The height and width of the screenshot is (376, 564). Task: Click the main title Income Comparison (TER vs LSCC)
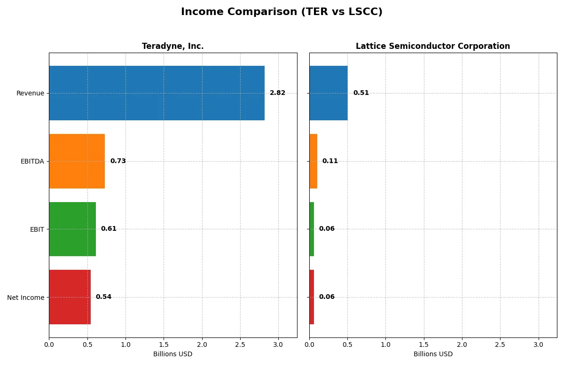click(282, 12)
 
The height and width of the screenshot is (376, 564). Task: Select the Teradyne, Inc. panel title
click(172, 46)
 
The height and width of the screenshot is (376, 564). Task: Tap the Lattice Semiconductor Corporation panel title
click(432, 46)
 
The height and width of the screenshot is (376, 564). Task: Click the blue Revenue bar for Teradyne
click(157, 93)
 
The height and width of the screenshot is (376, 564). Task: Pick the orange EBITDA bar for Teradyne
click(77, 161)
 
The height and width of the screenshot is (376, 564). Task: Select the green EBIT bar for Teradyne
click(72, 229)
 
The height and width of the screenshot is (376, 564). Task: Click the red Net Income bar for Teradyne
click(70, 297)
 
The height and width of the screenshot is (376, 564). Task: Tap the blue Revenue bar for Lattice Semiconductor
click(328, 93)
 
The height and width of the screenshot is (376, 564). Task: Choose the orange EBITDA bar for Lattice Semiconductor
click(313, 161)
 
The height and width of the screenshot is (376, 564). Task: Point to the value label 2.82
click(277, 93)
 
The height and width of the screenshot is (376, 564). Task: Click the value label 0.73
click(118, 161)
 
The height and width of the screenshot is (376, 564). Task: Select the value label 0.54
click(103, 297)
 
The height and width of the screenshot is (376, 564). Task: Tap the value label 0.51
click(361, 93)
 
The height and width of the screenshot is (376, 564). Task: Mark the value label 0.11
click(330, 161)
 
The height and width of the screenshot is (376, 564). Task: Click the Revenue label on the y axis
click(30, 93)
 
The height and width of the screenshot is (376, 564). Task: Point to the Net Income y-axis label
click(26, 298)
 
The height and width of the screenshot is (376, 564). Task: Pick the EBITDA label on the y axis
click(32, 161)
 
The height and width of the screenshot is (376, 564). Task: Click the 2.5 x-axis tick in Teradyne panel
click(240, 345)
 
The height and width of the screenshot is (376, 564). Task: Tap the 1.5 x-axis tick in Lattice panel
click(423, 345)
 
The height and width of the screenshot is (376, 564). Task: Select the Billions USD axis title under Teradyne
click(172, 354)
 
